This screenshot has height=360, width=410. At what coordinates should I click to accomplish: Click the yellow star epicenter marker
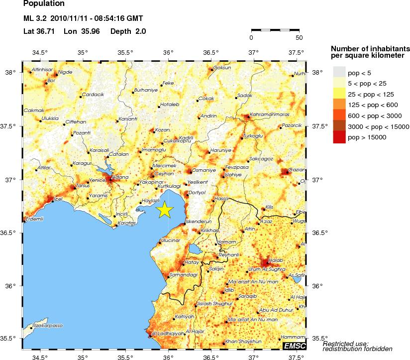[x=165, y=210]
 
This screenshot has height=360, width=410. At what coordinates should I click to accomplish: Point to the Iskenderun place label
[x=199, y=221]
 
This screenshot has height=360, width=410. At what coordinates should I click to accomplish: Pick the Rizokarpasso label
[x=47, y=325]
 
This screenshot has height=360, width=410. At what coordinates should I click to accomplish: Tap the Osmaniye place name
[x=204, y=170]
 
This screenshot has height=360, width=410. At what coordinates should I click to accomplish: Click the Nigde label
[x=65, y=72]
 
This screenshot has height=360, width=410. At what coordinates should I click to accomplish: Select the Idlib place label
[x=229, y=289]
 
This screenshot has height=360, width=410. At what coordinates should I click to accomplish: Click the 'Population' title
[x=44, y=3]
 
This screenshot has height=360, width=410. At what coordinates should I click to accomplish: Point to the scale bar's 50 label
[x=299, y=37]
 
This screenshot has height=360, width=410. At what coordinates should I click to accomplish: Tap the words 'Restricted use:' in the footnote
[x=345, y=344]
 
